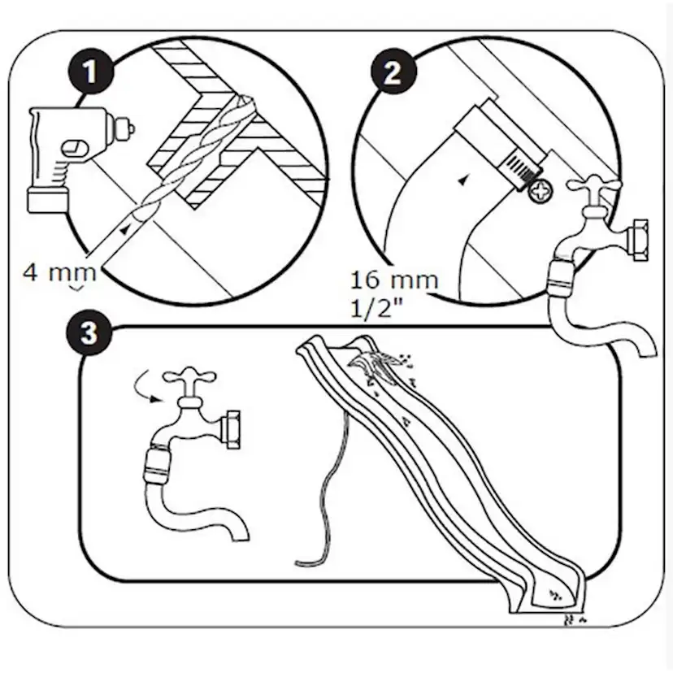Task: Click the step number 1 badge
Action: pyautogui.click(x=90, y=72)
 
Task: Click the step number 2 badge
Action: pyautogui.click(x=393, y=72)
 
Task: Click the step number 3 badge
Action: pyautogui.click(x=89, y=333)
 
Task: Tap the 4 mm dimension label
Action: pyautogui.click(x=59, y=272)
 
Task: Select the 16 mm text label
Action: pyautogui.click(x=394, y=280)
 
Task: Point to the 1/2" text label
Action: pyautogui.click(x=377, y=307)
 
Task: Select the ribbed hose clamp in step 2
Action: pyautogui.click(x=521, y=168)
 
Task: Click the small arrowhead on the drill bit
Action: pyautogui.click(x=125, y=230)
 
